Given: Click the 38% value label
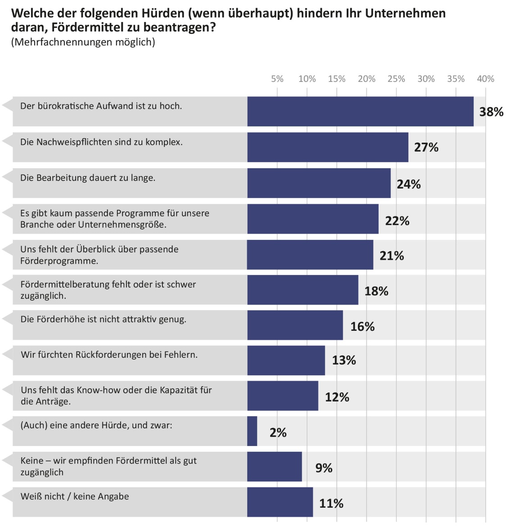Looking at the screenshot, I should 491,112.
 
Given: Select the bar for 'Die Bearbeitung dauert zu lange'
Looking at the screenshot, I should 319,183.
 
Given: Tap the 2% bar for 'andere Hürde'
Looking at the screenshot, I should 252,431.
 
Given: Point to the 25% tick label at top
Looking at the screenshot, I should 396,79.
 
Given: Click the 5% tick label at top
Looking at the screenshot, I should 277,79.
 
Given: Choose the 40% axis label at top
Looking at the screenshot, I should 485,79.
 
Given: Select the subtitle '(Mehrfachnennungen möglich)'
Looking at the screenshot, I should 83,42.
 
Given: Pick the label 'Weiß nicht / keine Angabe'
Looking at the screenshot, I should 75,496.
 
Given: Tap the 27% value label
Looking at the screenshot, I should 426,148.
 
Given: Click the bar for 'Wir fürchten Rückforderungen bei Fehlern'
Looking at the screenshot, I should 286,360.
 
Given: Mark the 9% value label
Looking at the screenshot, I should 324,468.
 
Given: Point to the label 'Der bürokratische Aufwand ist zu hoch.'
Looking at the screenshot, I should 101,106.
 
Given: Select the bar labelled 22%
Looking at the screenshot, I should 313,219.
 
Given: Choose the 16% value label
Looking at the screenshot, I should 362,327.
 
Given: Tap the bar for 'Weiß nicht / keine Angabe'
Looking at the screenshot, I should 280,502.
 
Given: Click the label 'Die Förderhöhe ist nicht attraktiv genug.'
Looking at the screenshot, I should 103,320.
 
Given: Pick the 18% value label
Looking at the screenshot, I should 376,292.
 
